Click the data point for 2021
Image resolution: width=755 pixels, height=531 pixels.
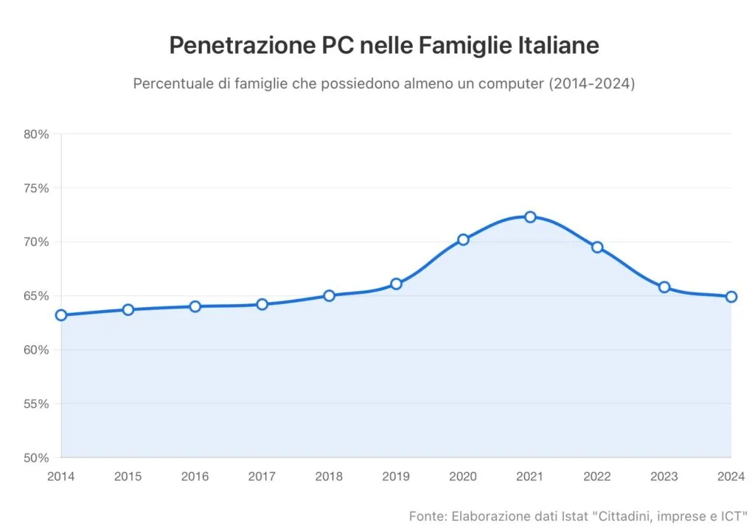pos(530,217)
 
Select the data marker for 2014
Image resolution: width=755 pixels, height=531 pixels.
pos(61,315)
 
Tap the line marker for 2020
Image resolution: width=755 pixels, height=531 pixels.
pos(463,239)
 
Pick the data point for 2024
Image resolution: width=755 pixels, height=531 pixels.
pos(731,297)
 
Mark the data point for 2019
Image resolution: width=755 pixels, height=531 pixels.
pos(396,284)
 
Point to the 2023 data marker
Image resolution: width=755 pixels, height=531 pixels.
pos(664,287)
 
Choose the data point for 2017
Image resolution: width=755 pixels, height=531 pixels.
pos(262,304)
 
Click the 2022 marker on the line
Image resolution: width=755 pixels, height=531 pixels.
pos(597,247)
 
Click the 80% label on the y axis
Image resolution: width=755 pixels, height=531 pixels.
pos(36,134)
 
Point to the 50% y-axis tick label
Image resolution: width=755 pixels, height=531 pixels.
pos(36,457)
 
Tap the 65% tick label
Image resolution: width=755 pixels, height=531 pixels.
pos(36,296)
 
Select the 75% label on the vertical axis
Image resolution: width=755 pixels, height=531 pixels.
pos(36,188)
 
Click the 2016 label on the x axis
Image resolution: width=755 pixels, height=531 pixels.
pos(195,477)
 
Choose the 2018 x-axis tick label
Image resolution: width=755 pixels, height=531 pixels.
pos(329,477)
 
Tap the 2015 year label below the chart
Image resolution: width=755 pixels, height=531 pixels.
pos(128,477)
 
